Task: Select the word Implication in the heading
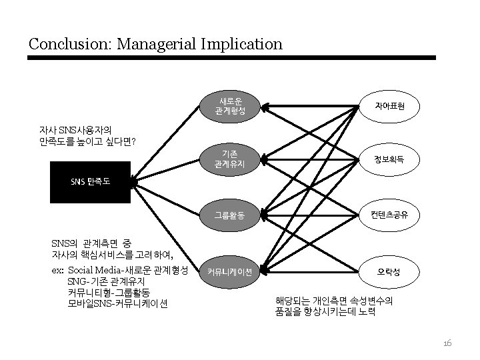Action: (x=244, y=45)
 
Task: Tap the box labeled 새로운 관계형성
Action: (x=231, y=105)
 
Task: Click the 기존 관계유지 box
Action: (x=231, y=158)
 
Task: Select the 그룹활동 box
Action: (x=231, y=215)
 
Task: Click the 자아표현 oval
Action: (x=389, y=105)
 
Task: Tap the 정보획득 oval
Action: (x=389, y=159)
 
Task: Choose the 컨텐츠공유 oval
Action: (x=389, y=215)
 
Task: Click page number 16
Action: (x=447, y=343)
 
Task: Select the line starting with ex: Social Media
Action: (x=123, y=270)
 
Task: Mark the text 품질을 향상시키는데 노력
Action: (x=326, y=311)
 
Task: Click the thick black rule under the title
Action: (x=231, y=58)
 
